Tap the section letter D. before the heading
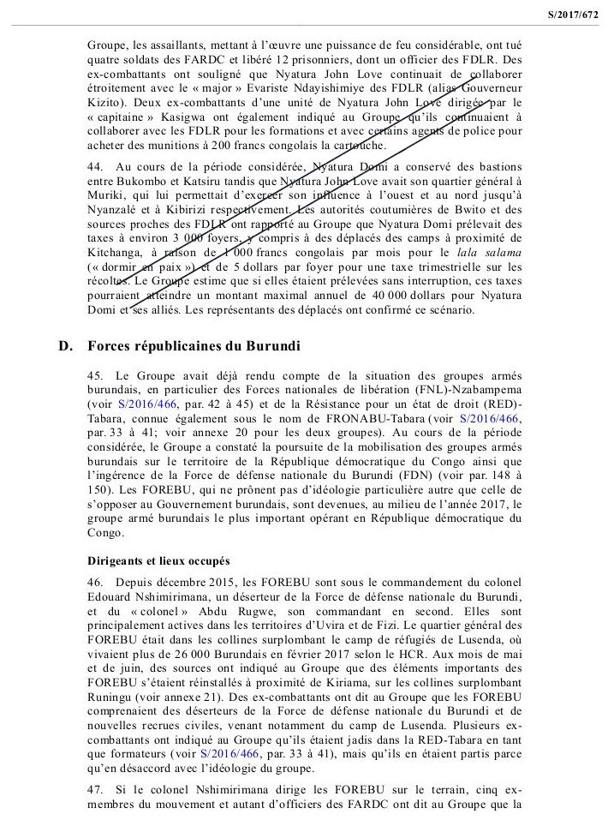[63, 345]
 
